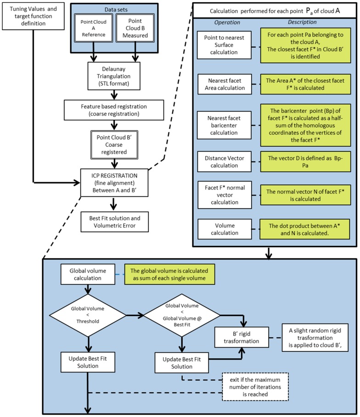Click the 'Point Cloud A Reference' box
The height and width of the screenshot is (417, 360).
pyautogui.click(x=94, y=28)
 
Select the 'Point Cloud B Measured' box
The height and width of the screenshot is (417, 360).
pyautogui.click(x=135, y=28)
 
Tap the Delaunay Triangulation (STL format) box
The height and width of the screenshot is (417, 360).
pyautogui.click(x=114, y=76)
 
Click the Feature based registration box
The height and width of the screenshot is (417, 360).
pyautogui.click(x=114, y=110)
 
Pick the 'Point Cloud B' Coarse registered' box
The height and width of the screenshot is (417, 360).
pyautogui.click(x=114, y=145)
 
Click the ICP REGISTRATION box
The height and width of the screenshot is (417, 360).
pyautogui.click(x=114, y=183)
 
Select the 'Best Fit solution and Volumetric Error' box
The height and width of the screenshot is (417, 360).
pyautogui.click(x=115, y=222)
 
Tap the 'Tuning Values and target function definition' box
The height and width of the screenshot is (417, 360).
pyautogui.click(x=33, y=16)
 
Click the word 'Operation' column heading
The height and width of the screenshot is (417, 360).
pyautogui.click(x=227, y=22)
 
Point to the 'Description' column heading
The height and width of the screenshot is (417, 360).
pyautogui.click(x=302, y=22)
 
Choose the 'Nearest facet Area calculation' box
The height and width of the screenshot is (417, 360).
pyautogui.click(x=225, y=84)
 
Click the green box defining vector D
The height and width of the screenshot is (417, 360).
pyautogui.click(x=305, y=161)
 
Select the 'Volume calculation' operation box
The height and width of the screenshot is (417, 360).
pyautogui.click(x=225, y=229)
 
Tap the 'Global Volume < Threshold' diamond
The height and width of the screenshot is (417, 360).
pyautogui.click(x=88, y=315)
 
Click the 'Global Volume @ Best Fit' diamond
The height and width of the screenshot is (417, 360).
pyautogui.click(x=182, y=315)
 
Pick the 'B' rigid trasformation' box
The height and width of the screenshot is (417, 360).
pyautogui.click(x=242, y=337)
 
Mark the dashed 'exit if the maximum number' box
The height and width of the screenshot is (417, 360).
pyautogui.click(x=255, y=387)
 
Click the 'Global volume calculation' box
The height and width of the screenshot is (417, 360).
pyautogui.click(x=88, y=274)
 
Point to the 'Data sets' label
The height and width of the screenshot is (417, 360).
pyautogui.click(x=116, y=10)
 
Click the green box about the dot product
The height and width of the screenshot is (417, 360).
pyautogui.click(x=304, y=229)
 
